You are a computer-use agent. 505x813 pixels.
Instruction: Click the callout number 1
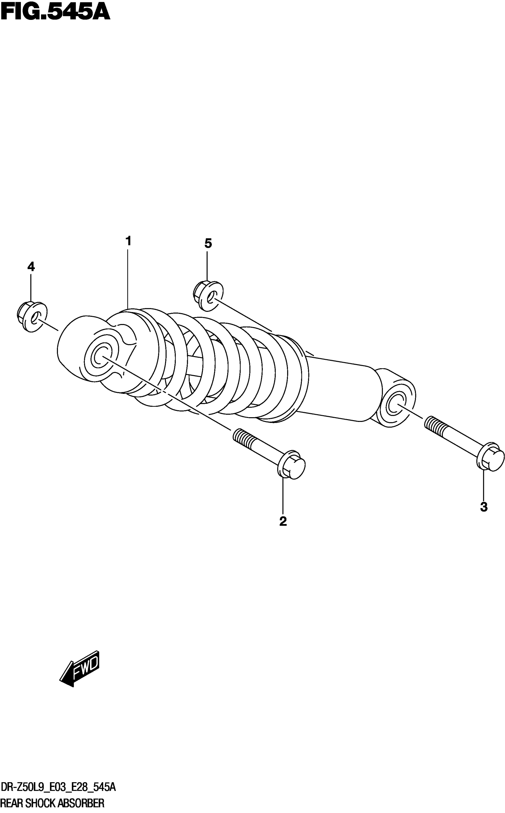128,241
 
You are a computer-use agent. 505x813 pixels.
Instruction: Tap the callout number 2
283,521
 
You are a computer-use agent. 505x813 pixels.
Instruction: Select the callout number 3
484,507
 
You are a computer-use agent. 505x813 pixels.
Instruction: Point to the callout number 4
31,266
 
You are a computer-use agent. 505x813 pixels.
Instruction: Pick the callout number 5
208,244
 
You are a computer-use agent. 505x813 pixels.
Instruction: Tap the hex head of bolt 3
491,457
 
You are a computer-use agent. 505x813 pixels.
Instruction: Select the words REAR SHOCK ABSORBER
53,803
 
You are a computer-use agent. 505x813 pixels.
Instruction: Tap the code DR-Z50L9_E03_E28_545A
59,788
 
